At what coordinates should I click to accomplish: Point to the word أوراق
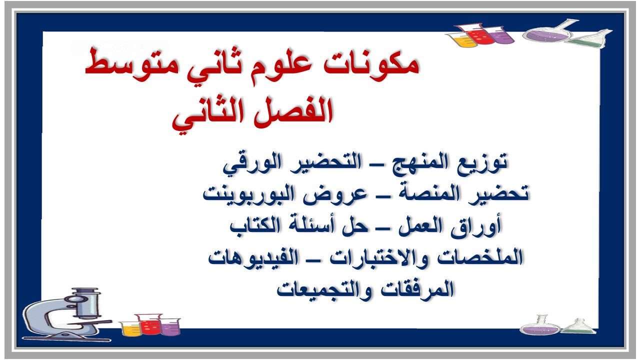(x=480, y=226)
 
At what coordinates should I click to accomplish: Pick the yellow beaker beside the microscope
(x=130, y=328)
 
